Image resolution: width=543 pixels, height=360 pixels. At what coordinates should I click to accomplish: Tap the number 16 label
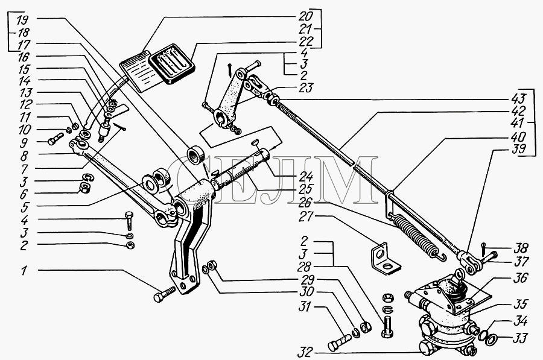(x=24, y=57)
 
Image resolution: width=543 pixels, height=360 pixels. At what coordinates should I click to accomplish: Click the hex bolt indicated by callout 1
(x=164, y=296)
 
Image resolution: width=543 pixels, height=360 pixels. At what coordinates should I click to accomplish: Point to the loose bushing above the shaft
(x=196, y=154)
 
